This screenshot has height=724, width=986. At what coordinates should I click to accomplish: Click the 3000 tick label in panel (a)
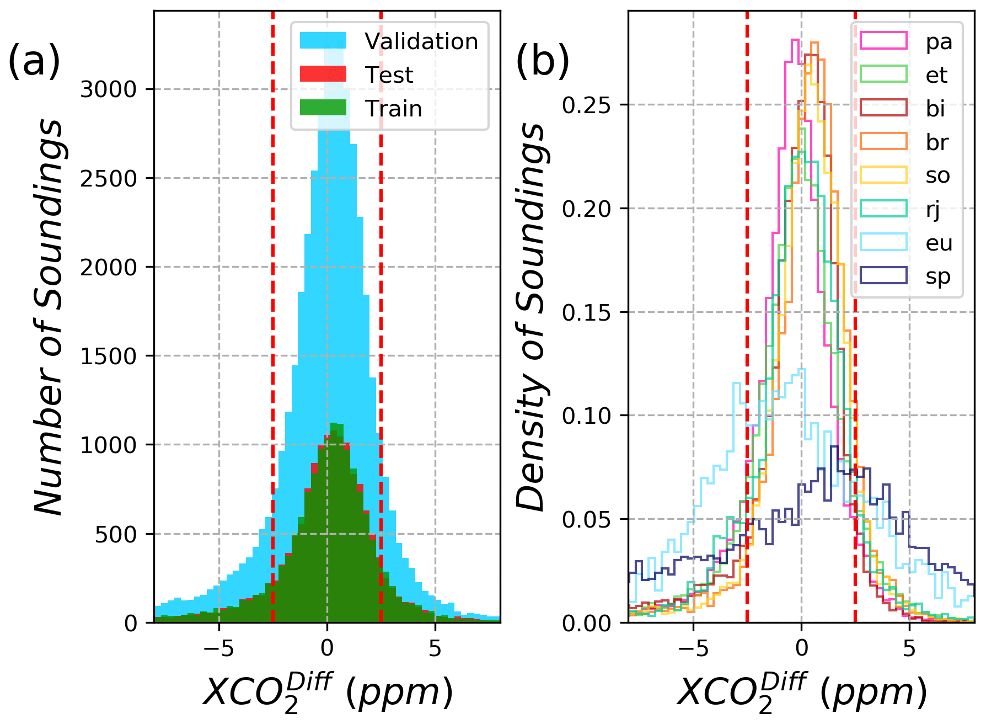click(x=109, y=89)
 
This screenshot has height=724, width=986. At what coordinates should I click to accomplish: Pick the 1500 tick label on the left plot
click(x=109, y=356)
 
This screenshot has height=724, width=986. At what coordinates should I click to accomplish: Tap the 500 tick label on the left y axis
click(x=116, y=534)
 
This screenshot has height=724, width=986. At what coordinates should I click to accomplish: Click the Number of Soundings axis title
click(x=49, y=317)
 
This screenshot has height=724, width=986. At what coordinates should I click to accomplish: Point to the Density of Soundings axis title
click(x=530, y=317)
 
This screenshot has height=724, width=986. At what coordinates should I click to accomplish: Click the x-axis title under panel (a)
click(x=328, y=693)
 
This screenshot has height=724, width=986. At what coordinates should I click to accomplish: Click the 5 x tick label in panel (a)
click(x=435, y=649)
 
